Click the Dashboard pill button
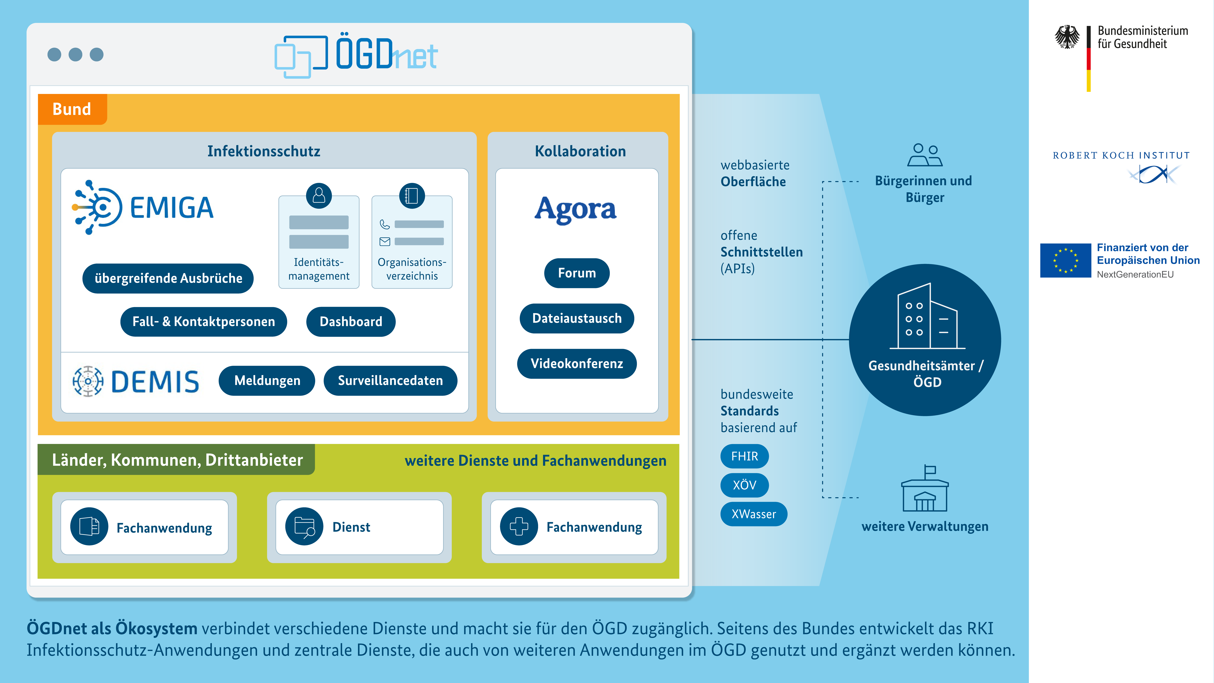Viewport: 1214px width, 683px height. point(351,321)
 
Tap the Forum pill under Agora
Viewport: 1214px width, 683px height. point(576,273)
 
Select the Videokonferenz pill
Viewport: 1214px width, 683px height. point(576,363)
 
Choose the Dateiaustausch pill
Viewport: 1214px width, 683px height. point(576,318)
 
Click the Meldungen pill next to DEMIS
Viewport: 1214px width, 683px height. point(267,380)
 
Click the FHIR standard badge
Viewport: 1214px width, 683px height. point(744,456)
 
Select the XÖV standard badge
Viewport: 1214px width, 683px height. point(744,485)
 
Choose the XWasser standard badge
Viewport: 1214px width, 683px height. point(753,514)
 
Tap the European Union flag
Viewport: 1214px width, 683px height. point(1065,260)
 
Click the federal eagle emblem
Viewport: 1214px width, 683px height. point(1067,37)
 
